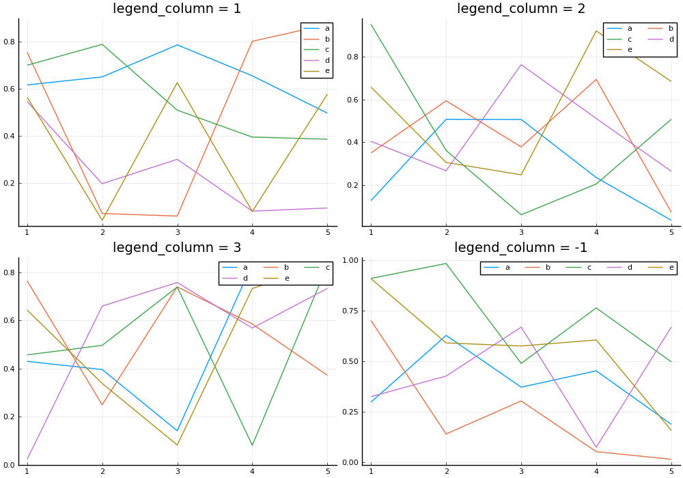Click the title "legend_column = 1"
point(177,8)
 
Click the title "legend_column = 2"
point(521,8)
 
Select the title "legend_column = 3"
point(177,247)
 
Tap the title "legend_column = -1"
point(521,247)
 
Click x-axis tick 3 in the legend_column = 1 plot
point(178,232)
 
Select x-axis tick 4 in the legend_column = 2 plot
point(596,232)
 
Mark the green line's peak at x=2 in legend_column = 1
point(102,44)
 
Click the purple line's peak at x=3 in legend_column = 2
point(521,64)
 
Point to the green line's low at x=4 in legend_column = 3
point(252,445)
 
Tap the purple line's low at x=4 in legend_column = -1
point(596,447)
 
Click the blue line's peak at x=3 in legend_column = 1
point(178,45)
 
